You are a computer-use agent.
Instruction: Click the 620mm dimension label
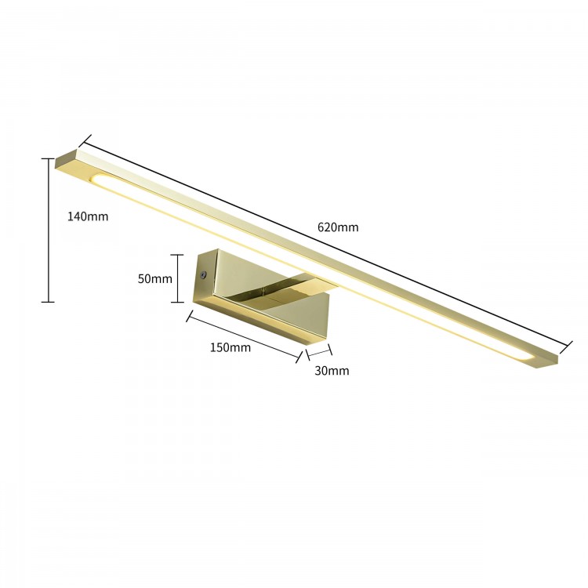pyautogui.click(x=338, y=227)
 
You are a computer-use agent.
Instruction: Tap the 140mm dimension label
pyautogui.click(x=87, y=216)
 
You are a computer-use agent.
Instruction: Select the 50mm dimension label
pyautogui.click(x=154, y=278)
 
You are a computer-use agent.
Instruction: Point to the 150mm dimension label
pyautogui.click(x=230, y=347)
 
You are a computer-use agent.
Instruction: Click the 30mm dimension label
pyautogui.click(x=332, y=370)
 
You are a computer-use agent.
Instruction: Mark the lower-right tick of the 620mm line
pyautogui.click(x=566, y=344)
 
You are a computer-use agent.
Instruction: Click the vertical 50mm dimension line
pyautogui.click(x=179, y=278)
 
